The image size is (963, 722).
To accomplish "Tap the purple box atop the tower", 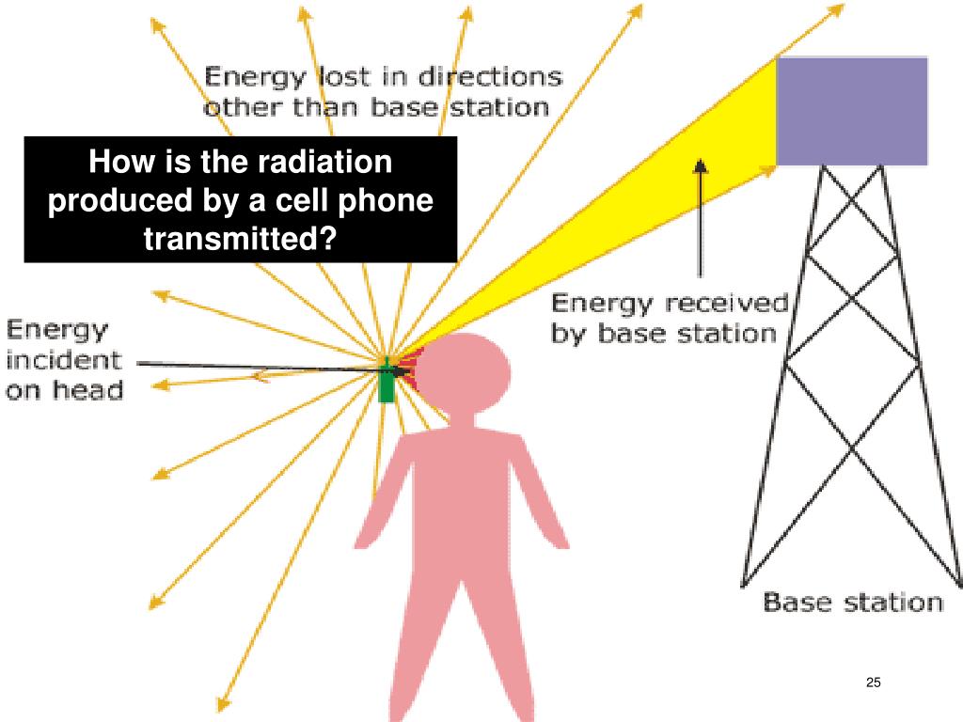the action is point(851,111).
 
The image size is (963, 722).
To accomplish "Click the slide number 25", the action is point(872,683).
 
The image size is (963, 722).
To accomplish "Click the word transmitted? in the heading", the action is point(240,239).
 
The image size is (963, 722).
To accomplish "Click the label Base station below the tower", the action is point(852,602).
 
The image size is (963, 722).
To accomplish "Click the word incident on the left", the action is point(64,359).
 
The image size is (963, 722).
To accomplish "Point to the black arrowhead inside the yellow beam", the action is point(700,166).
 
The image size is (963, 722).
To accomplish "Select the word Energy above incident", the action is point(58,330).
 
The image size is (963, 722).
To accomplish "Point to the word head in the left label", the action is point(92,388).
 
